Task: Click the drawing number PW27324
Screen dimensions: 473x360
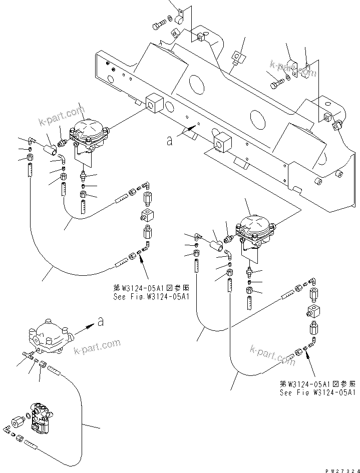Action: pyautogui.click(x=338, y=465)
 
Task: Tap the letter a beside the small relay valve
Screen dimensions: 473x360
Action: pyautogui.click(x=101, y=322)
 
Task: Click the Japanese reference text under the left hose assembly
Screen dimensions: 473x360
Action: pyautogui.click(x=150, y=288)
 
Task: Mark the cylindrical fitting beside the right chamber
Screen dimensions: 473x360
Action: pyautogui.click(x=216, y=245)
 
